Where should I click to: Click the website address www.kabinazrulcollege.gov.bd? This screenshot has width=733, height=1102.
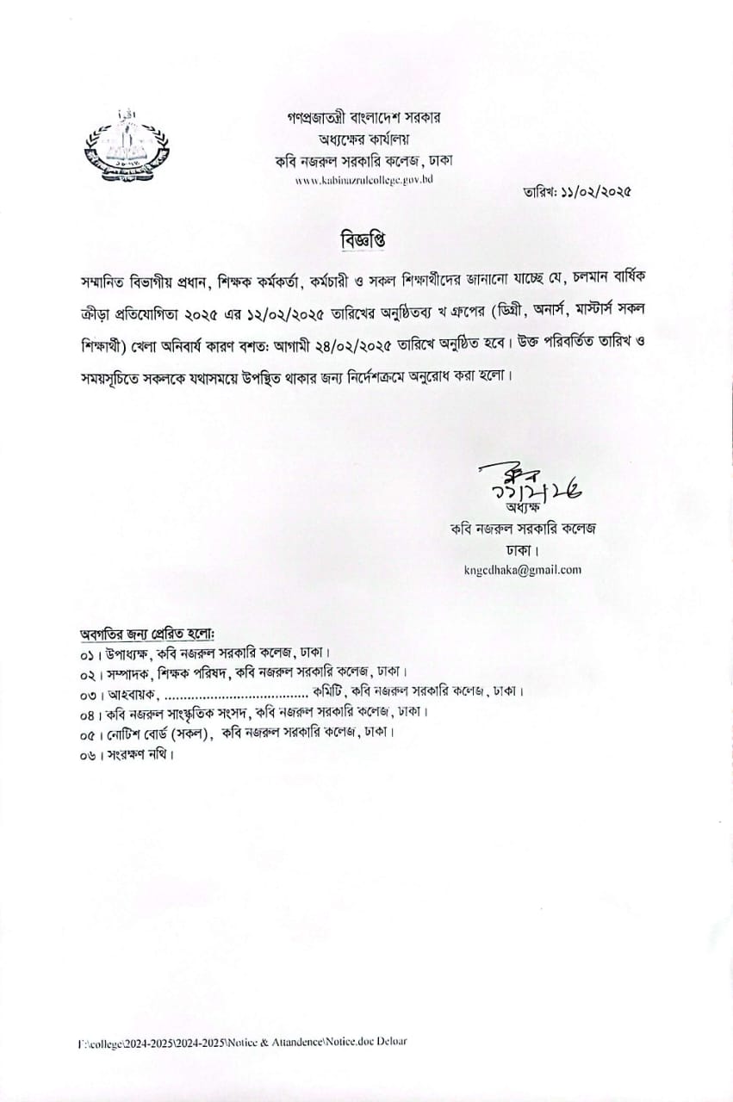pos(363,180)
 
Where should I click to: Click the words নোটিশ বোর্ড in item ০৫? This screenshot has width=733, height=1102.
pos(137,734)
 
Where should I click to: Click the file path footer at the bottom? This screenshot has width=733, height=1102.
pos(241,1041)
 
